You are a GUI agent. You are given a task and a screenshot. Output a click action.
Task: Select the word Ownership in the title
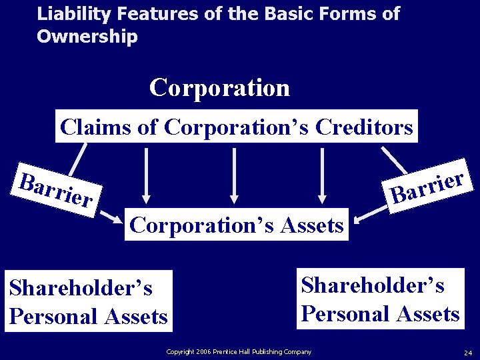tap(87, 37)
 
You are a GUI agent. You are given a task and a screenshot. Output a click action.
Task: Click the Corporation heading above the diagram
tap(219, 87)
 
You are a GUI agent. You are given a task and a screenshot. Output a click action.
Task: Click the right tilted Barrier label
tap(427, 187)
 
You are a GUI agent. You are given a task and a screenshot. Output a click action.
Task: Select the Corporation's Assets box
tap(237, 225)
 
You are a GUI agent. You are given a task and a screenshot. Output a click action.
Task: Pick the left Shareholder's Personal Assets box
tap(89, 301)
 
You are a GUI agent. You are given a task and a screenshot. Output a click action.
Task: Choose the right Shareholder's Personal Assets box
tap(380, 299)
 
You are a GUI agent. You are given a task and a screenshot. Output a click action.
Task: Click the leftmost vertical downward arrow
tap(146, 175)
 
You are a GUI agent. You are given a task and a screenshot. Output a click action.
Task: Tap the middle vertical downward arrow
tap(234, 175)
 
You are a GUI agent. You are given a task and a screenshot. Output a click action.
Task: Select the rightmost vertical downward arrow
tap(322, 175)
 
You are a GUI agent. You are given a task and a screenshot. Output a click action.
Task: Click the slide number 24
tap(467, 352)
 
